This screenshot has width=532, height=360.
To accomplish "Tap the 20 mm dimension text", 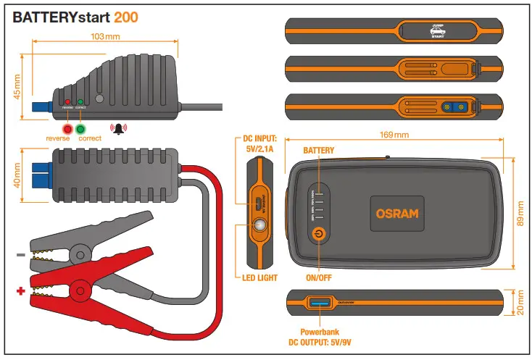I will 518,304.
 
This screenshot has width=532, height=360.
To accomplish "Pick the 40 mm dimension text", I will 17,176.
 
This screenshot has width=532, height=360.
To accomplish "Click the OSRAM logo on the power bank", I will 397,214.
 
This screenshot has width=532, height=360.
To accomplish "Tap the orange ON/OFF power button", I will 317,234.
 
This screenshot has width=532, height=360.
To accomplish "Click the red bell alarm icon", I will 117,128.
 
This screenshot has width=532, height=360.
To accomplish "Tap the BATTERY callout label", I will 318,151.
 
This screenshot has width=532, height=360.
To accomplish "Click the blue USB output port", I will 320,301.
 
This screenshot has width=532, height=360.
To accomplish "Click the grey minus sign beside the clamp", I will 20,255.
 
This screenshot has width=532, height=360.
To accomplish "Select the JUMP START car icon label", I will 437,30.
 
